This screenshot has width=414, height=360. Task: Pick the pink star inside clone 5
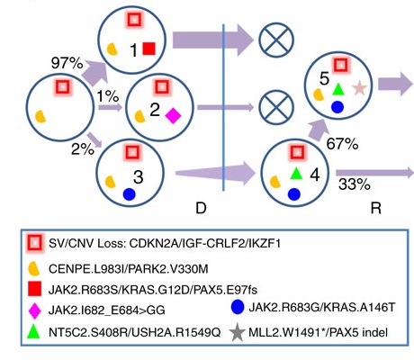point(359,88)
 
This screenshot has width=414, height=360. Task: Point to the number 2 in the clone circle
point(153,112)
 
